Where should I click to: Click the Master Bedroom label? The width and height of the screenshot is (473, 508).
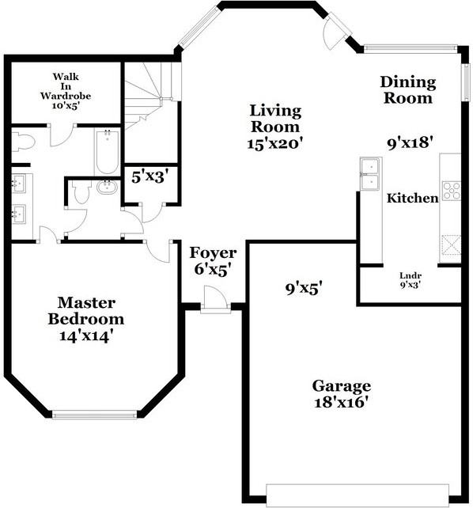click(86, 320)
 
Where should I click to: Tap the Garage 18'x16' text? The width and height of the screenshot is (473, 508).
click(341, 393)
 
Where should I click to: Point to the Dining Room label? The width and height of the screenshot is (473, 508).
click(408, 89)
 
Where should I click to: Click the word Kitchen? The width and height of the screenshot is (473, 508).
click(412, 198)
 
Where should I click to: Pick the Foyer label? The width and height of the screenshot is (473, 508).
click(213, 260)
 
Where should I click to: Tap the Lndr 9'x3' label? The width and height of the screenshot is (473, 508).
click(408, 280)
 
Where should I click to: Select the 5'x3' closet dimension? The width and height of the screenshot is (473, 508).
click(149, 176)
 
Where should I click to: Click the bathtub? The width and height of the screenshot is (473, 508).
click(105, 152)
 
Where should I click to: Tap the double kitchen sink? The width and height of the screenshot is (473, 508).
click(369, 175)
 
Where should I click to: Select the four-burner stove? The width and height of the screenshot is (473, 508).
click(451, 190)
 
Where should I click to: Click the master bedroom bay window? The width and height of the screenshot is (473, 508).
click(95, 413)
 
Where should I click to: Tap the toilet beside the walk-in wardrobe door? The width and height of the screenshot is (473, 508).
click(23, 142)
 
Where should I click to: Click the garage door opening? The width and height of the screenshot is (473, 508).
click(361, 494)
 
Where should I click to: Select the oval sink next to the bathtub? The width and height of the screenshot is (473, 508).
click(105, 188)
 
